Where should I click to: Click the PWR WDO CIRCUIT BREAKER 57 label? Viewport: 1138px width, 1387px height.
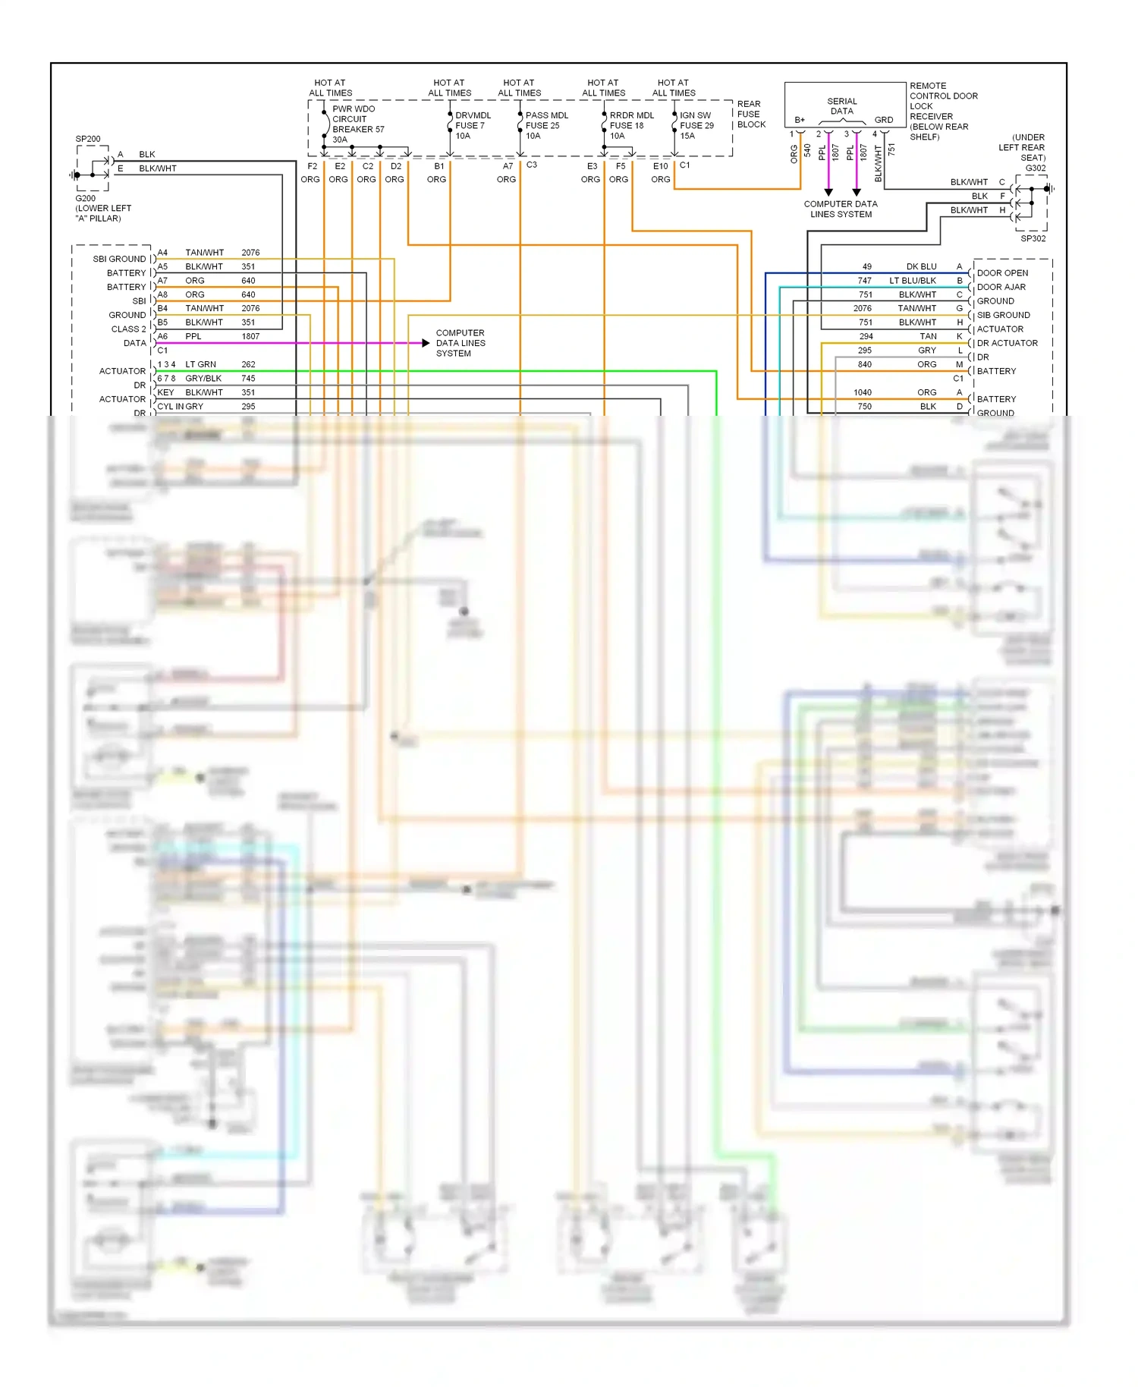(x=357, y=124)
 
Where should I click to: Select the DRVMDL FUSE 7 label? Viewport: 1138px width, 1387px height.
(x=472, y=125)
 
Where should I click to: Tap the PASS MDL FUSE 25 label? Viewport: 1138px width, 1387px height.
(x=546, y=125)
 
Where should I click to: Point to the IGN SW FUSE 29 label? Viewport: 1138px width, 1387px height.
(x=696, y=125)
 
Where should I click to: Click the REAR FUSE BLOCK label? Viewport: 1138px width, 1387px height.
(x=750, y=114)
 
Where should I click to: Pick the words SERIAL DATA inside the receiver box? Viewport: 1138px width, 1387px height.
(x=841, y=106)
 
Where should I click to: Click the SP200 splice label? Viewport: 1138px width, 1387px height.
(x=88, y=139)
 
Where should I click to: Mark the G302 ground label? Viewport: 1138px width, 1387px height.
(x=1035, y=168)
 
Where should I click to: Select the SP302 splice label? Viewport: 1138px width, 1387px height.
(x=1033, y=238)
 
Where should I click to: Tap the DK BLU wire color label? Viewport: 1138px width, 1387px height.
(x=921, y=266)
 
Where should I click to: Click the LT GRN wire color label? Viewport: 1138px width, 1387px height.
(x=200, y=364)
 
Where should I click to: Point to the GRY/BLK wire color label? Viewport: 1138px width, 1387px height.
(x=203, y=378)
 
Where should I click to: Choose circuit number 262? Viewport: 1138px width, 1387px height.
(x=248, y=364)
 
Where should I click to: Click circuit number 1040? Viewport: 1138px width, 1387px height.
(x=862, y=392)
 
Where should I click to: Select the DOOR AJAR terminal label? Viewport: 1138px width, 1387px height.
(x=1001, y=287)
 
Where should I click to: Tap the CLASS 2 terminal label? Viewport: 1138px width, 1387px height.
(x=128, y=329)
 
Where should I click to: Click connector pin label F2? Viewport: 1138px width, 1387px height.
(x=312, y=166)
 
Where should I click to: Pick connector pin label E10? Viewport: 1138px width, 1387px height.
(x=660, y=166)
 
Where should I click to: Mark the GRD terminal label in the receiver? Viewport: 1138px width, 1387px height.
(x=883, y=120)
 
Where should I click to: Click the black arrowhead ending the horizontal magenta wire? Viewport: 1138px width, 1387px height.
(x=426, y=343)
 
